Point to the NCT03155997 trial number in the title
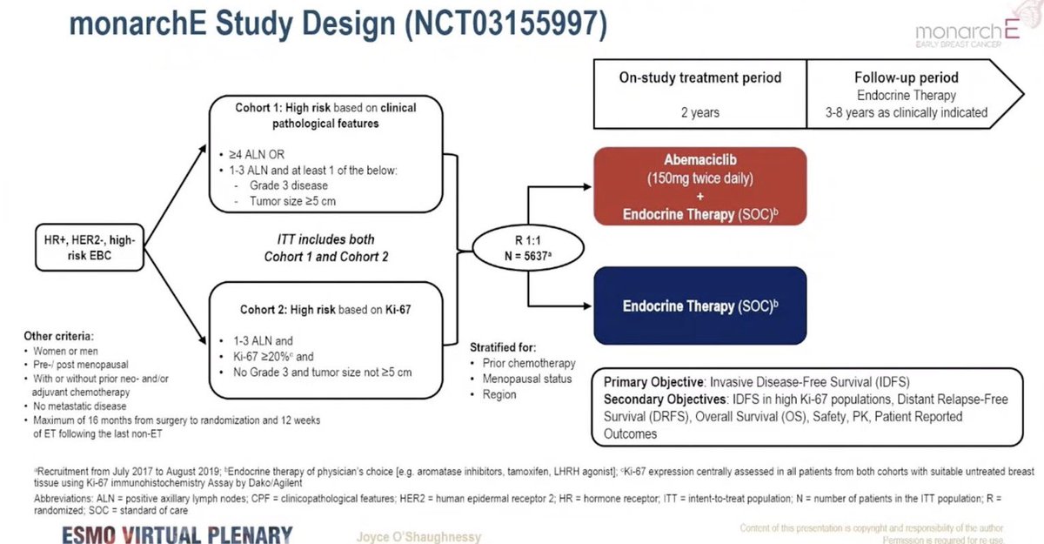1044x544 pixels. tap(506, 25)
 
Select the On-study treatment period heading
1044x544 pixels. tap(700, 77)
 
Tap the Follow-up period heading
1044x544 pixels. tap(907, 77)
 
